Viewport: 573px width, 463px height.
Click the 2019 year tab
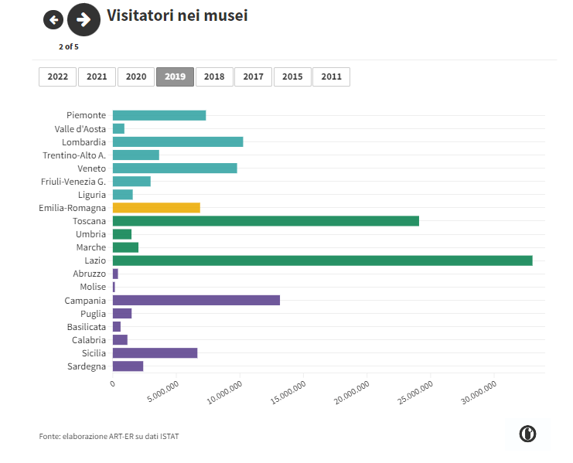click(175, 77)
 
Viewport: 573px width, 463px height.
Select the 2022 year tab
click(57, 77)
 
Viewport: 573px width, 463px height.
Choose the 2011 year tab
click(331, 77)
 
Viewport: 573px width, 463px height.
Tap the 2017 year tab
click(253, 77)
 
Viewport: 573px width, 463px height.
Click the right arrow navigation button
click(84, 20)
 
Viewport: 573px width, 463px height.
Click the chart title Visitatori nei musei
click(177, 15)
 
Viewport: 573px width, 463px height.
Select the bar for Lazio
click(322, 260)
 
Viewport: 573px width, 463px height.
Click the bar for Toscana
click(265, 221)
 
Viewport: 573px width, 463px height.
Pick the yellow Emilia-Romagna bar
click(156, 208)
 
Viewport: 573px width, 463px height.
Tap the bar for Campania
click(196, 300)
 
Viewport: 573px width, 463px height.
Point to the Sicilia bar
click(155, 353)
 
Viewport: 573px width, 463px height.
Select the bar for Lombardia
click(178, 142)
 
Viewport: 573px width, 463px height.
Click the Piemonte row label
click(86, 115)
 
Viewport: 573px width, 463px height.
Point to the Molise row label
click(93, 287)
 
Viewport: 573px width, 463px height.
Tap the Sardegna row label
click(86, 366)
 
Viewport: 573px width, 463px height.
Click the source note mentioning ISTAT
click(109, 437)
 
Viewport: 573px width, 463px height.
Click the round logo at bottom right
click(528, 434)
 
